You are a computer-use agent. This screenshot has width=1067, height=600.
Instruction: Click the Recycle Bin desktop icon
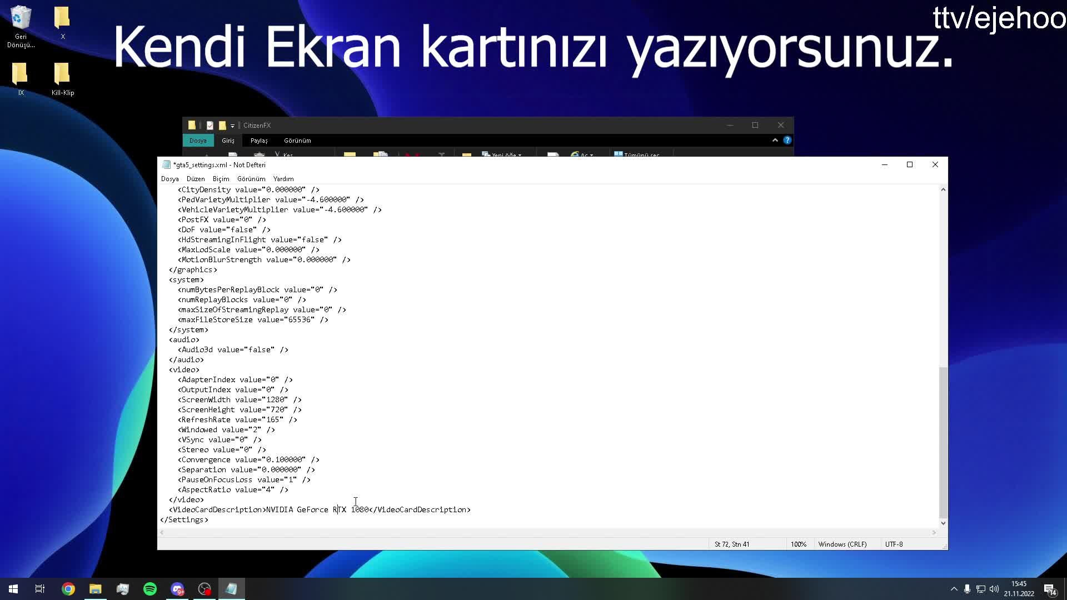pos(21,26)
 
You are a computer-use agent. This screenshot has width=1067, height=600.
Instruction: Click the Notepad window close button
pos(935,164)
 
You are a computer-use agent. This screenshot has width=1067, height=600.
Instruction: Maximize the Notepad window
pos(910,164)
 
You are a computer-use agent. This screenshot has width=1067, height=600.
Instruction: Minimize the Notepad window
pos(885,164)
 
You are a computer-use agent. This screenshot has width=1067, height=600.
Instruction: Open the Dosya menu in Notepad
pos(170,179)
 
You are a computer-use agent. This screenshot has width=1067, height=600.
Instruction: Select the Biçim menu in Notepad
pos(221,179)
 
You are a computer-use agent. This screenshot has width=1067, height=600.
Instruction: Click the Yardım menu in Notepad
pos(283,179)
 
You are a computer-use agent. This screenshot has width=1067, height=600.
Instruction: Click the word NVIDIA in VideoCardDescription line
pos(280,510)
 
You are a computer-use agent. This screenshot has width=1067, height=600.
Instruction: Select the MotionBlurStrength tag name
pos(221,260)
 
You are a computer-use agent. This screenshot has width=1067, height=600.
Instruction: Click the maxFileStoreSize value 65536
pos(300,320)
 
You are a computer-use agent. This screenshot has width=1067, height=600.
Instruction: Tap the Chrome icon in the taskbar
pos(68,589)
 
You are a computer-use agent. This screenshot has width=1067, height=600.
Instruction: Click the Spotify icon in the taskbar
pos(150,589)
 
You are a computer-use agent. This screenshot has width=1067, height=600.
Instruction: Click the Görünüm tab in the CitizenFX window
pos(297,141)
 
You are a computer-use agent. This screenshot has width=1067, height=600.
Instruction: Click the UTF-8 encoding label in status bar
pos(894,544)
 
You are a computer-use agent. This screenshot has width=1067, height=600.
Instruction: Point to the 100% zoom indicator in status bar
pos(799,544)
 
